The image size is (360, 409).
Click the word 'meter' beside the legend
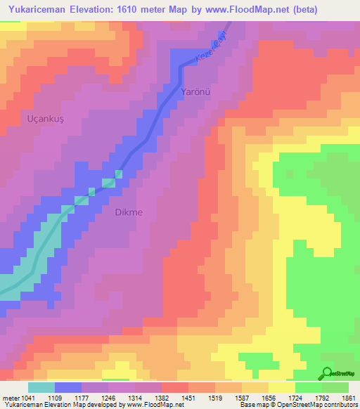[8, 397]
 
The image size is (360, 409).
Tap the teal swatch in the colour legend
[41, 387]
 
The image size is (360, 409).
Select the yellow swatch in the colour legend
[282, 387]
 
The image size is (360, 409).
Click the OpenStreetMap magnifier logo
[328, 373]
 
